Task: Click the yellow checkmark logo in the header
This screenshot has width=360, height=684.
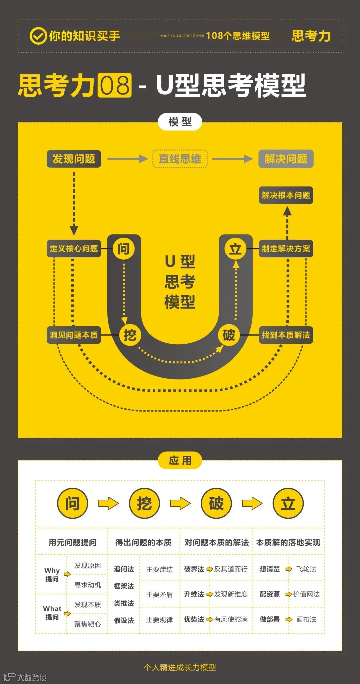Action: [38, 36]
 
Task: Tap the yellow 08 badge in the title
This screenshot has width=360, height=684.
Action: [115, 85]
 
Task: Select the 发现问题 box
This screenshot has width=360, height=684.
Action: [74, 159]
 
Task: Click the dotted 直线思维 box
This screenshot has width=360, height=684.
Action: [180, 159]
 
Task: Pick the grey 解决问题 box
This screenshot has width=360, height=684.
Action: [286, 159]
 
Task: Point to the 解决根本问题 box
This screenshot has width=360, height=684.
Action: [286, 195]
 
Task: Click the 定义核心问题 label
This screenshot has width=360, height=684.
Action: [74, 248]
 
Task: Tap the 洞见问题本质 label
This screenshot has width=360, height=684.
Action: [74, 335]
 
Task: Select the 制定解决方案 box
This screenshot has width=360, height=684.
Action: [286, 248]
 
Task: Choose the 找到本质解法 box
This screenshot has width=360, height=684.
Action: [286, 335]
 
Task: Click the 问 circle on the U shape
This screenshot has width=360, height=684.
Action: [124, 248]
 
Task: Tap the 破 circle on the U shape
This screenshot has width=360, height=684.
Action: [229, 335]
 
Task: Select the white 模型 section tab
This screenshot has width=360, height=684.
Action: [180, 122]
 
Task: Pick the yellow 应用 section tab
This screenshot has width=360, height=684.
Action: [180, 460]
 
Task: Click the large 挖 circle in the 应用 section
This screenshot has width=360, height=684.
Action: [144, 503]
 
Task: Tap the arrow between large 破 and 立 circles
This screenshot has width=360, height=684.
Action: [252, 503]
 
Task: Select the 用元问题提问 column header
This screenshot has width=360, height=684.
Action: [72, 542]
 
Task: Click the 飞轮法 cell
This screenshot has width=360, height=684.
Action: [306, 569]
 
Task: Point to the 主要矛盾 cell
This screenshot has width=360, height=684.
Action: [159, 594]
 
